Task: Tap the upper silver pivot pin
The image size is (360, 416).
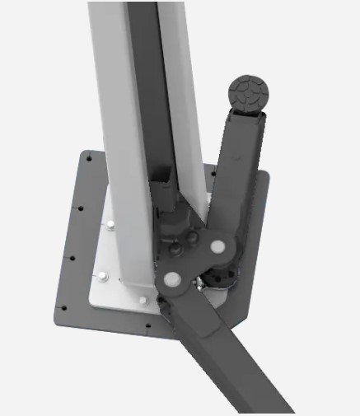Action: [x=217, y=246]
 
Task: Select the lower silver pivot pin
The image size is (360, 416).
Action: [x=174, y=278]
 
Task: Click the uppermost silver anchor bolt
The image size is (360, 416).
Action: [x=110, y=224]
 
